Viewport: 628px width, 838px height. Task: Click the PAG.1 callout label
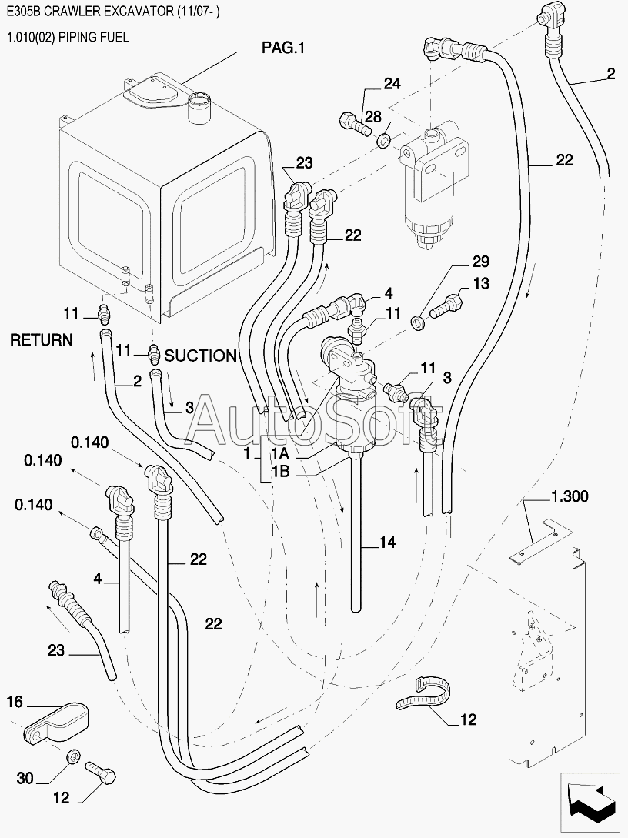pyautogui.click(x=282, y=48)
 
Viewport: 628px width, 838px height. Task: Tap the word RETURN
pyautogui.click(x=41, y=340)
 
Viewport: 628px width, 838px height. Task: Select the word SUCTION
pyautogui.click(x=200, y=356)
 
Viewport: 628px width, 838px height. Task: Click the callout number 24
pyautogui.click(x=392, y=84)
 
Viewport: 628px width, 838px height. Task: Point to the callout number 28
pyautogui.click(x=373, y=116)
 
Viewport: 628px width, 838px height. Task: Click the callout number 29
pyautogui.click(x=480, y=262)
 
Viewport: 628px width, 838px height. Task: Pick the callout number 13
pyautogui.click(x=481, y=283)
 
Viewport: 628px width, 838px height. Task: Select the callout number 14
pyautogui.click(x=387, y=543)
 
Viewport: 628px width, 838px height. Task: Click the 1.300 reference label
pyautogui.click(x=570, y=496)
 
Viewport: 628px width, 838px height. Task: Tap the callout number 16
pyautogui.click(x=15, y=702)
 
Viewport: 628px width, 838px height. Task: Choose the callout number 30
pyautogui.click(x=25, y=778)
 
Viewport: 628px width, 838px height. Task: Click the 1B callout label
pyautogui.click(x=281, y=472)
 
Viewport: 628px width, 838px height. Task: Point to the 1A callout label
pyautogui.click(x=281, y=454)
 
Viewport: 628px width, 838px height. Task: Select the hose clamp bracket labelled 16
pyautogui.click(x=57, y=723)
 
